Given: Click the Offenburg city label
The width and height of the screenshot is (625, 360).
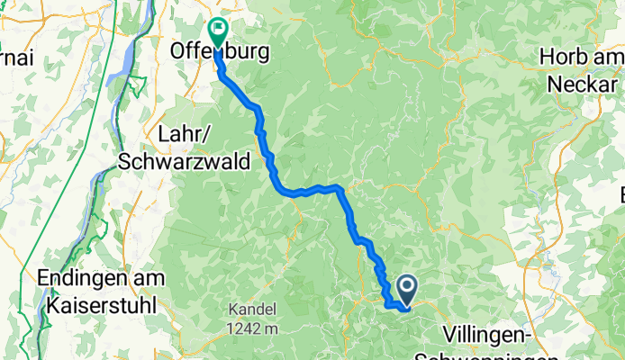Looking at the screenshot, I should (x=220, y=54).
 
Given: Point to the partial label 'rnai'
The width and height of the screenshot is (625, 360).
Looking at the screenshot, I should (x=15, y=58).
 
